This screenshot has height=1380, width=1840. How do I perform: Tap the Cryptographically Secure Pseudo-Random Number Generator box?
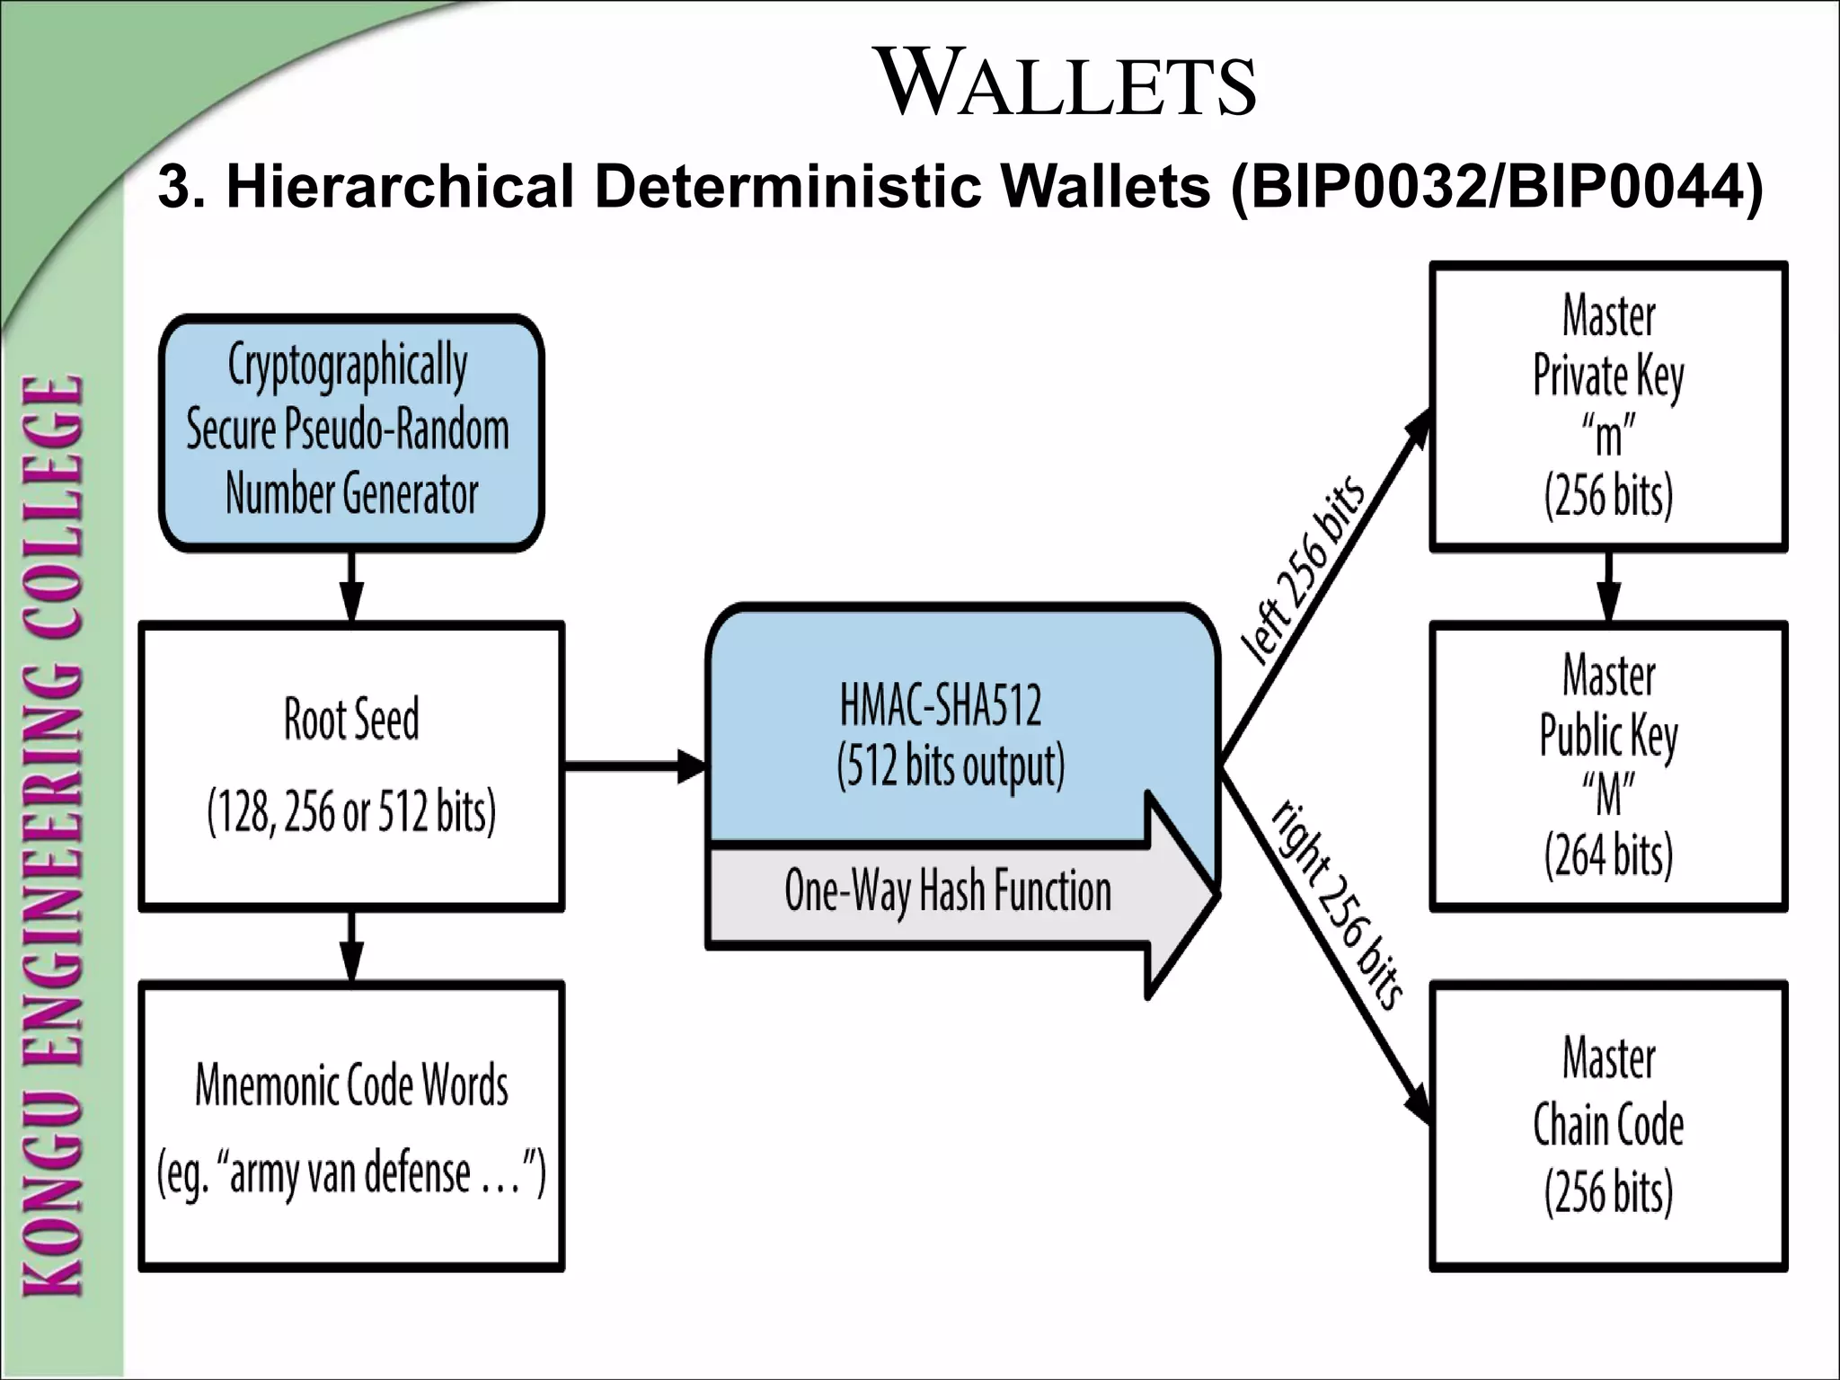[351, 431]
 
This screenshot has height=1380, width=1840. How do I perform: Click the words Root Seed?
[351, 719]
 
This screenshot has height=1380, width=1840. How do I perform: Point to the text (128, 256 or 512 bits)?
[351, 811]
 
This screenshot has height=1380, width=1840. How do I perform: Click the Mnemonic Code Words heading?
[351, 1085]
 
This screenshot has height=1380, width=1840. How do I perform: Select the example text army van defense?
[350, 1173]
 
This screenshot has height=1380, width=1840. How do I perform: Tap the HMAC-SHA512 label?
[941, 705]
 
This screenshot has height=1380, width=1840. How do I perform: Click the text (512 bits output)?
[951, 766]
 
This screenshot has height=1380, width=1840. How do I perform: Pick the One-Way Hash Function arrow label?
[948, 891]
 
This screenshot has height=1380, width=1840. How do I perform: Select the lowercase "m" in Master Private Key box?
[1608, 437]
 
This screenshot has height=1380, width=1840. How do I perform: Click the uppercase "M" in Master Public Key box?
[1608, 795]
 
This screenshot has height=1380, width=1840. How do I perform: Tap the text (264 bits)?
[1608, 854]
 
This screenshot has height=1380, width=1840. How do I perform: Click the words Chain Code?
[1608, 1126]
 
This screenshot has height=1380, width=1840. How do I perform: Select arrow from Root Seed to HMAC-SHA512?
[634, 766]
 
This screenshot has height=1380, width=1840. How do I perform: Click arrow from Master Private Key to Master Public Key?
[1608, 586]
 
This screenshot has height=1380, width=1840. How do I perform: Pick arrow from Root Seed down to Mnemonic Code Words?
[352, 946]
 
